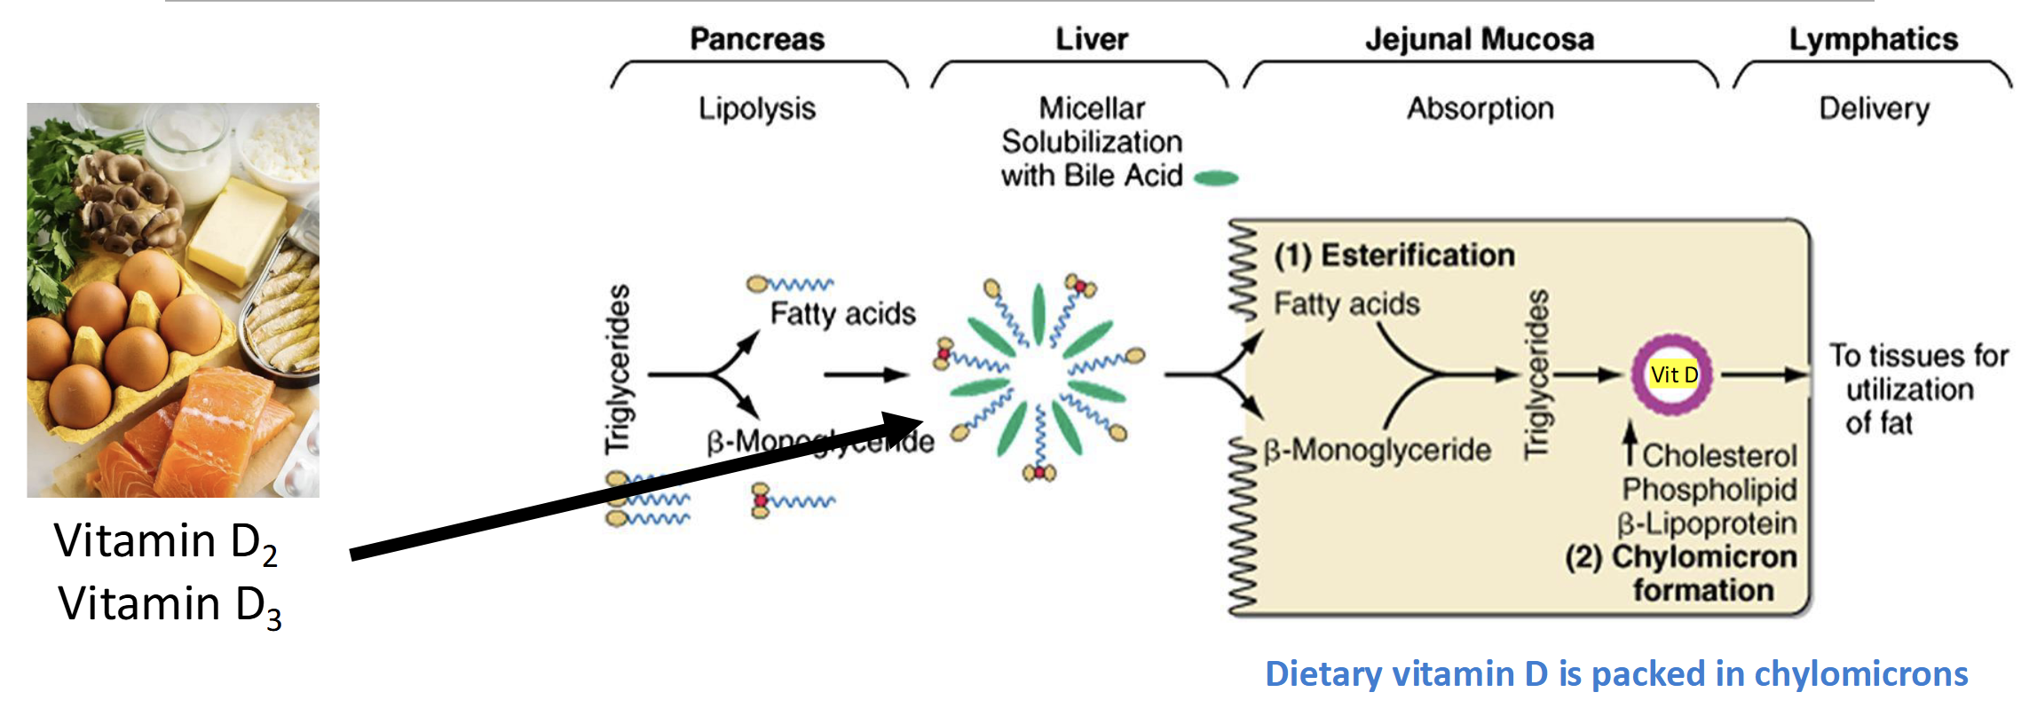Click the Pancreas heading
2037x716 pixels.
coord(757,39)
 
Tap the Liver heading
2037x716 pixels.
coord(1092,39)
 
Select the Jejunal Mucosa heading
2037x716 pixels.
coord(1480,39)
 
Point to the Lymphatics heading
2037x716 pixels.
coord(1873,39)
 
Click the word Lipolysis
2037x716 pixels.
coord(756,109)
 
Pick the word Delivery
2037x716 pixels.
coord(1874,109)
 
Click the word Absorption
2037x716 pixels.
coord(1480,109)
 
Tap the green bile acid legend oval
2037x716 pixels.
coord(1216,178)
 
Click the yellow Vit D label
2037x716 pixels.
coord(1674,374)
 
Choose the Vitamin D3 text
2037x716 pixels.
coord(170,606)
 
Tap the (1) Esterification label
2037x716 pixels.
coord(1394,256)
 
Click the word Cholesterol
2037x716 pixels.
coord(1719,456)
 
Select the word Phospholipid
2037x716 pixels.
coord(1709,490)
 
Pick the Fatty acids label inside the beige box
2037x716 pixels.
coord(1346,304)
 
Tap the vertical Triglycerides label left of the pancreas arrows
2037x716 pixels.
coord(619,369)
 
